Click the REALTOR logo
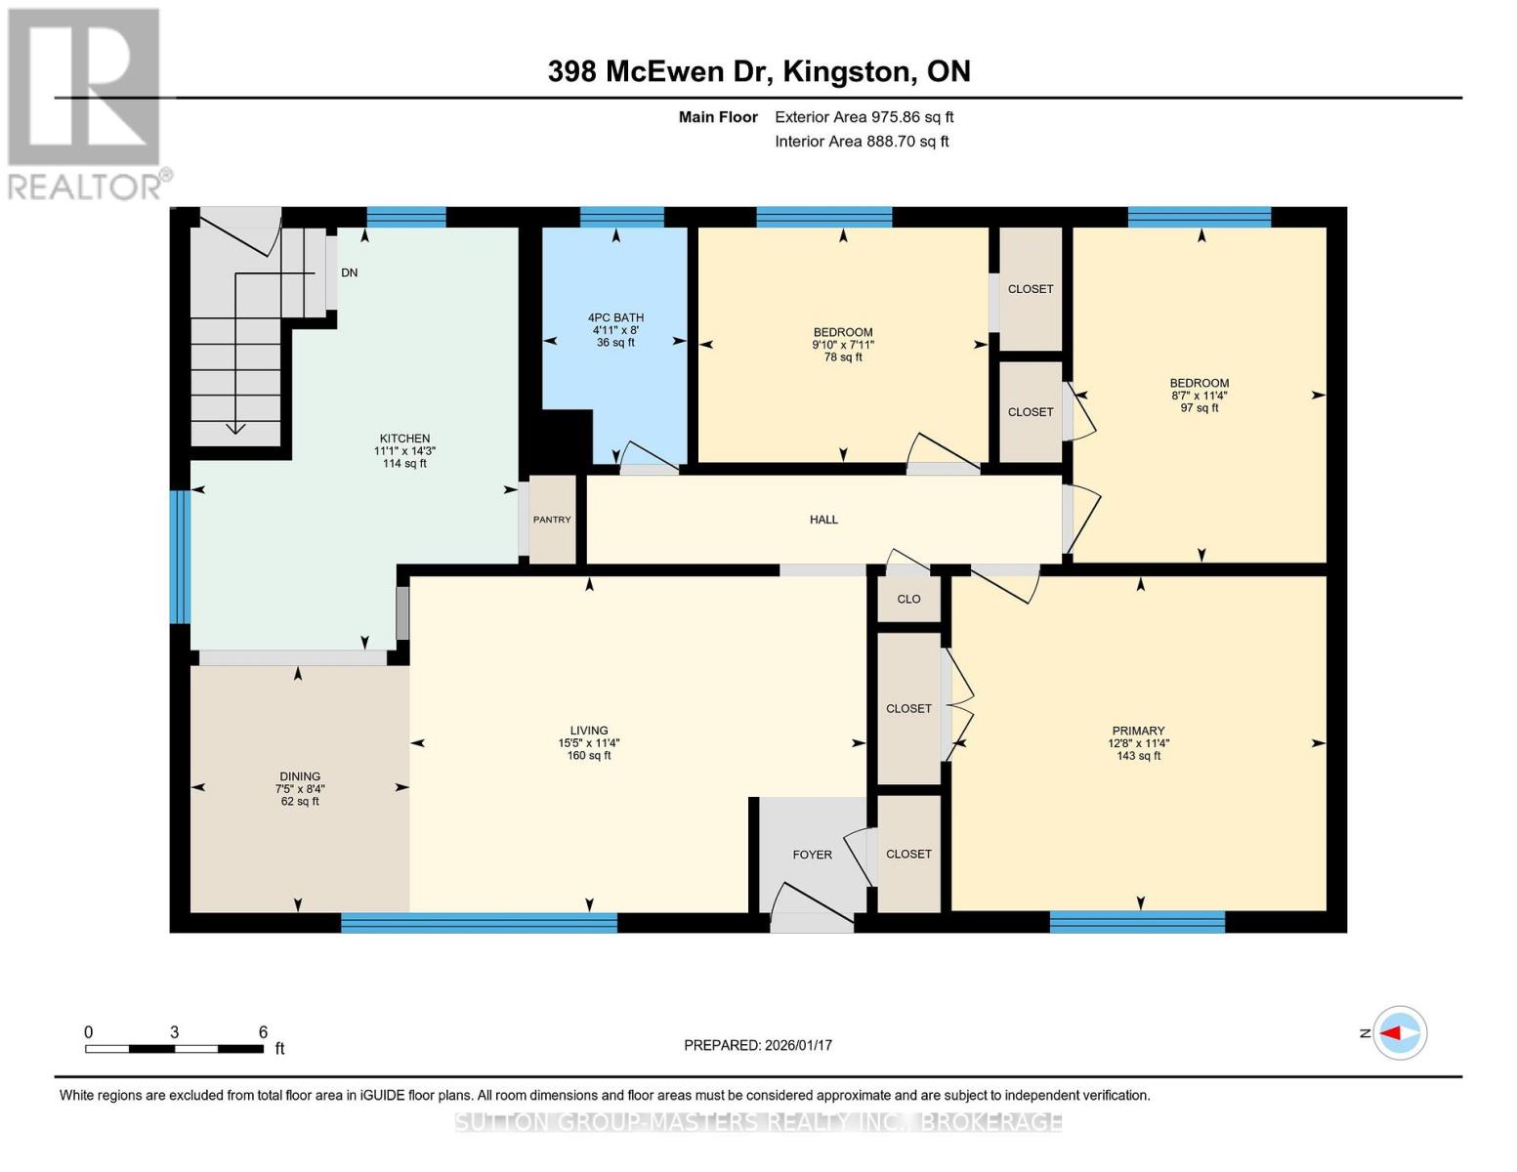[x=89, y=105]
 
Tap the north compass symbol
[x=1399, y=1033]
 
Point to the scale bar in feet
[x=175, y=1048]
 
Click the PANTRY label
[x=552, y=520]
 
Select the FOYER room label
[x=812, y=855]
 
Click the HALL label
[x=823, y=520]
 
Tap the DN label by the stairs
[x=349, y=272]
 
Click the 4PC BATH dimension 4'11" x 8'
[x=615, y=330]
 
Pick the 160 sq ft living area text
[x=589, y=755]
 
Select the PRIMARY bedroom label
[x=1138, y=731]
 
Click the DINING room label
[x=300, y=776]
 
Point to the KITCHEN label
[x=405, y=439]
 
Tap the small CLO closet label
[x=908, y=599]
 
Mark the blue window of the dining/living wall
[x=479, y=923]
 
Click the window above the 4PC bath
[x=621, y=217]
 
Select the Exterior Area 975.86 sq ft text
[x=864, y=117]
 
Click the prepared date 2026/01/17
[x=799, y=1045]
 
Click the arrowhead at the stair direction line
[x=236, y=427]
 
